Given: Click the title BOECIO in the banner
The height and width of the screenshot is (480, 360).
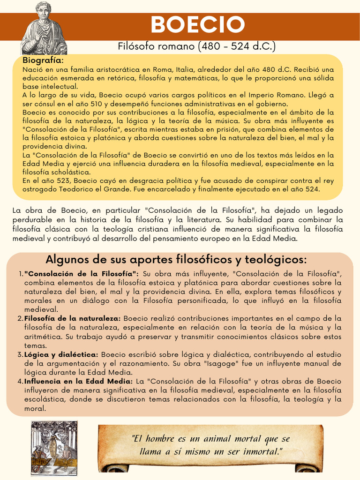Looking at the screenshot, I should click(x=197, y=25).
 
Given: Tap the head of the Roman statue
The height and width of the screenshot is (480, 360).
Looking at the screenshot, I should click(x=44, y=10).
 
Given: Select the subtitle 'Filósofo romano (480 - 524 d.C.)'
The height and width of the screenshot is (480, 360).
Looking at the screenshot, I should click(x=197, y=46).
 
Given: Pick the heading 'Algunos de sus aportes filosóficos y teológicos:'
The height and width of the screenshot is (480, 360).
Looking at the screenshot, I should click(x=176, y=260).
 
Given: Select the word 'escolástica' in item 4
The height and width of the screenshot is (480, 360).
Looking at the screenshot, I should click(x=43, y=399).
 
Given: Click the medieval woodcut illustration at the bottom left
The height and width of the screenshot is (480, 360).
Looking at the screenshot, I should click(x=54, y=447).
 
